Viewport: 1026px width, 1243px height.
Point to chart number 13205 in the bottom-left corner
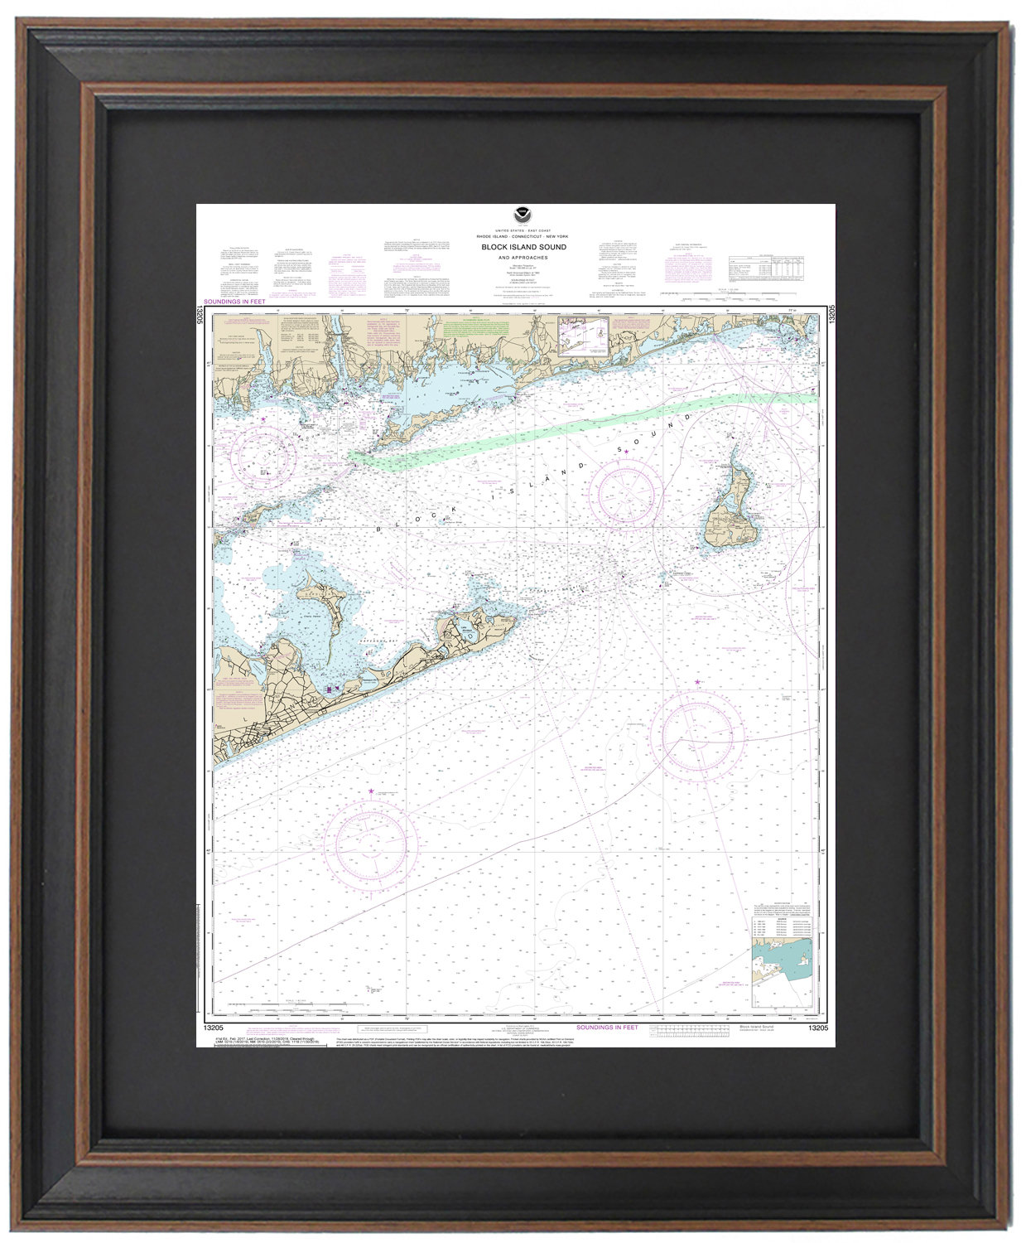(209, 1028)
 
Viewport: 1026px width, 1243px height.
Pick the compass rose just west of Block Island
(631, 496)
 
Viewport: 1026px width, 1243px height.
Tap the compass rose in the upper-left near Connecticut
(263, 453)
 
